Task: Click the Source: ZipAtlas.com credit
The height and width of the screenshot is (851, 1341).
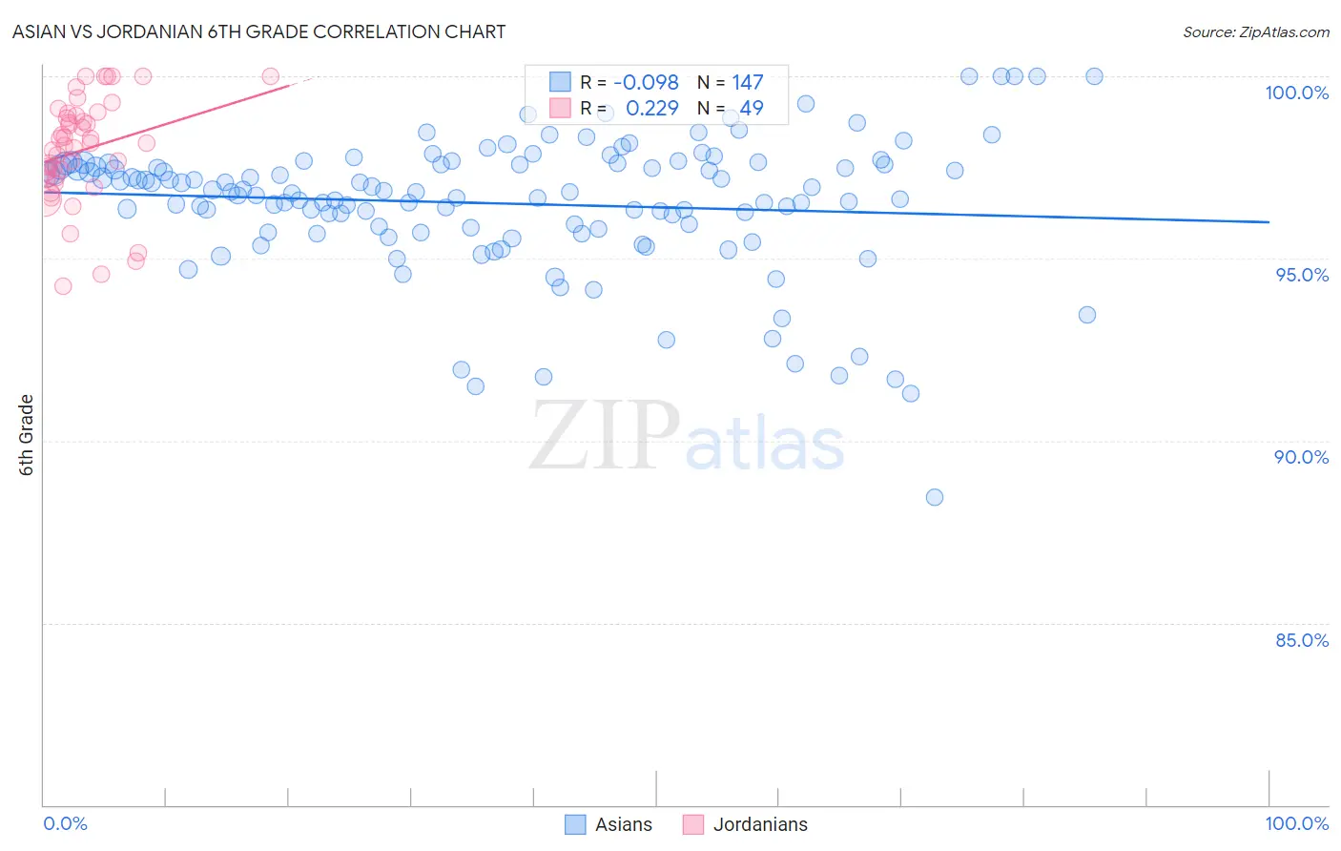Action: coord(1255,31)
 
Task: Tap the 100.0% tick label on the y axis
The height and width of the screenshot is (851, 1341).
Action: coord(1296,93)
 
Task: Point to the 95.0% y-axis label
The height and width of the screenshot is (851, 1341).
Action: coord(1301,275)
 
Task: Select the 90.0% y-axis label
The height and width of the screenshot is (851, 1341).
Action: coord(1301,457)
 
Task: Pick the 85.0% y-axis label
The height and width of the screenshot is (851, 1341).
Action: coord(1301,640)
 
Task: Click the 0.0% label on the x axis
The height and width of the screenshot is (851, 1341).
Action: coord(65,823)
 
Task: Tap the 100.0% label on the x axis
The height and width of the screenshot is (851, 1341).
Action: coord(1296,823)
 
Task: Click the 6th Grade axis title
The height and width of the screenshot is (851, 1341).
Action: coord(27,435)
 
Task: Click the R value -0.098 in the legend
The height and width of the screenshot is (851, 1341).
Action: coord(646,83)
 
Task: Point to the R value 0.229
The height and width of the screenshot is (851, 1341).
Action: coord(651,109)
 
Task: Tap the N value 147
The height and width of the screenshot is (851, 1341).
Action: coord(748,83)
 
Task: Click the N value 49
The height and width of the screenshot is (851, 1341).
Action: coord(752,109)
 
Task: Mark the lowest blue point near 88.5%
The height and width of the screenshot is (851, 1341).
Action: coord(935,497)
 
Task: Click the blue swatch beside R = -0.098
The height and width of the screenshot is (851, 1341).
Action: coord(560,83)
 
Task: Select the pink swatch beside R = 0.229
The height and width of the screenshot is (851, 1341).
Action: coord(560,109)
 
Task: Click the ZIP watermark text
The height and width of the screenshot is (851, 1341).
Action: coord(605,436)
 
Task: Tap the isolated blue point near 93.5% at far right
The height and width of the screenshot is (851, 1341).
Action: coord(1087,315)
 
